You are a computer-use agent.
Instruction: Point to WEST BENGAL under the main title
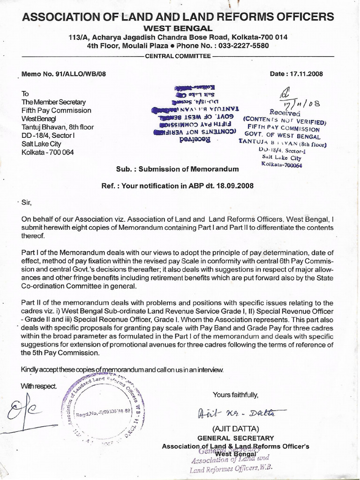click(179, 29)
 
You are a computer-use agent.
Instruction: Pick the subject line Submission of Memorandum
click(177, 169)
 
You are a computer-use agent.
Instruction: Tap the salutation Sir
click(26, 202)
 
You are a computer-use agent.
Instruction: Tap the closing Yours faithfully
click(235, 394)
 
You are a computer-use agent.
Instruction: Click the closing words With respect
click(38, 386)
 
